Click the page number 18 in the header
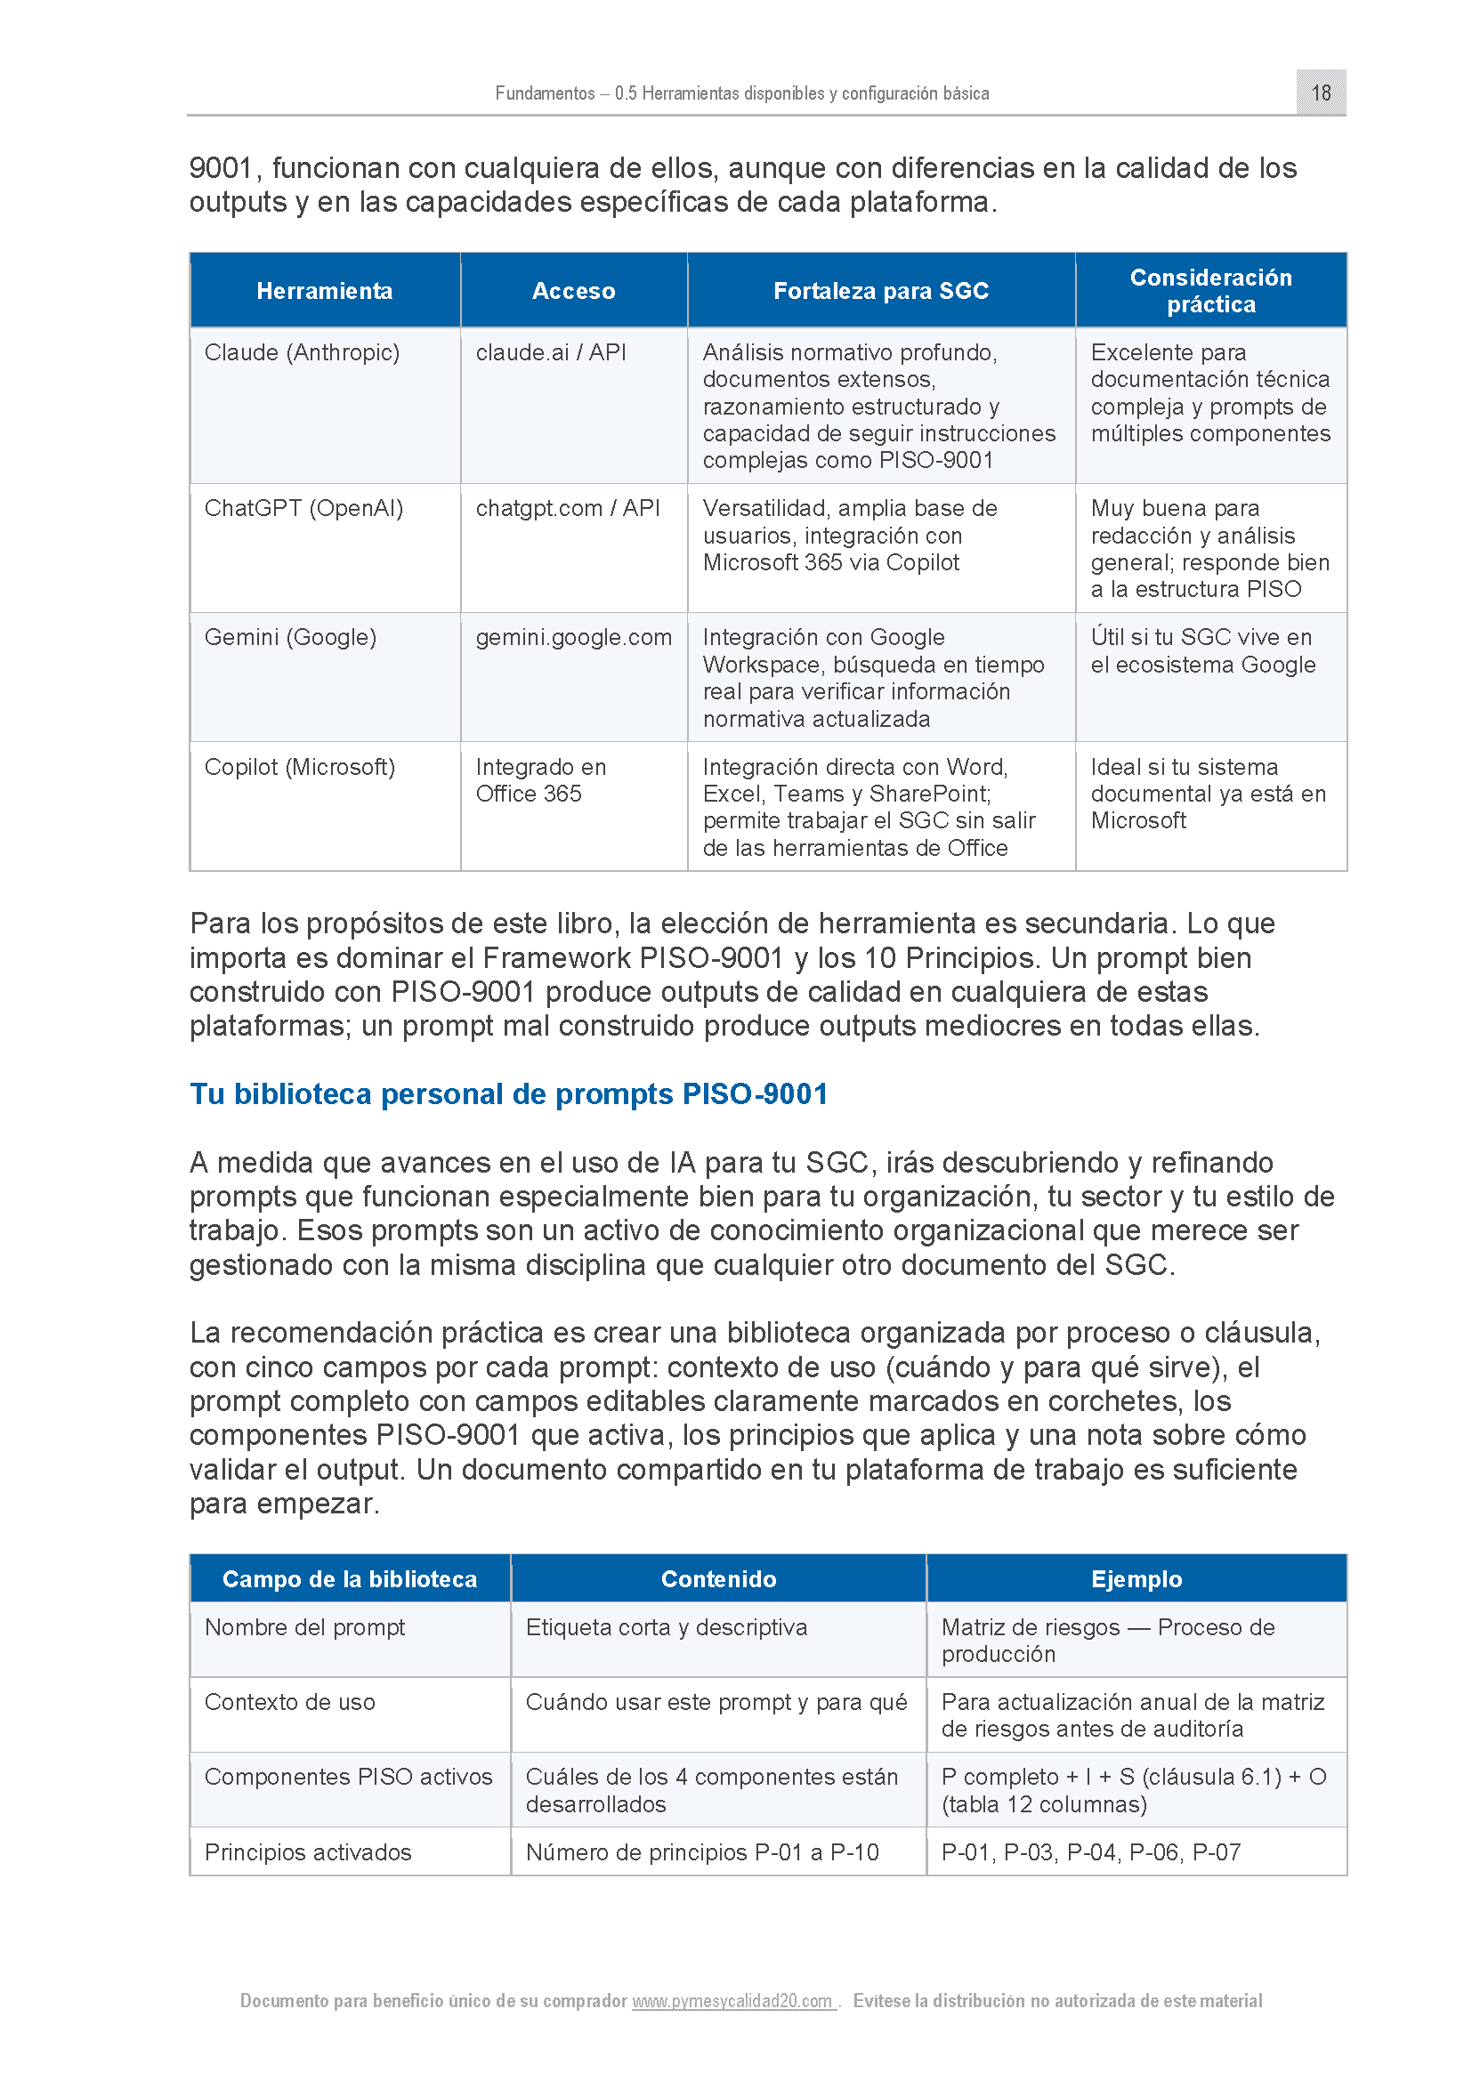[1321, 93]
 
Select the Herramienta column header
[325, 291]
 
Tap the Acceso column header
[573, 291]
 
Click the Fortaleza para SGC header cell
[880, 291]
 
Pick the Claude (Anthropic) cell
[302, 352]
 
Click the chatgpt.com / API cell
[568, 509]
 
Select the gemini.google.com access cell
[573, 637]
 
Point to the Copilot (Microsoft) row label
[299, 767]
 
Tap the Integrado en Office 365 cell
[540, 780]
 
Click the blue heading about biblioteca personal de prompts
[508, 1094]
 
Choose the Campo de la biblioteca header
[349, 1579]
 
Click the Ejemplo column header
[1136, 1579]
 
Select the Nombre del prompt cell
[304, 1627]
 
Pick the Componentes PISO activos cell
[348, 1777]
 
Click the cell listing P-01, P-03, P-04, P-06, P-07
[1090, 1851]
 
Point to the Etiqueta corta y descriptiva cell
[666, 1627]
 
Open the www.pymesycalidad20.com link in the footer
[732, 2000]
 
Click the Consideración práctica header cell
[1210, 291]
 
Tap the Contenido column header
[718, 1579]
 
